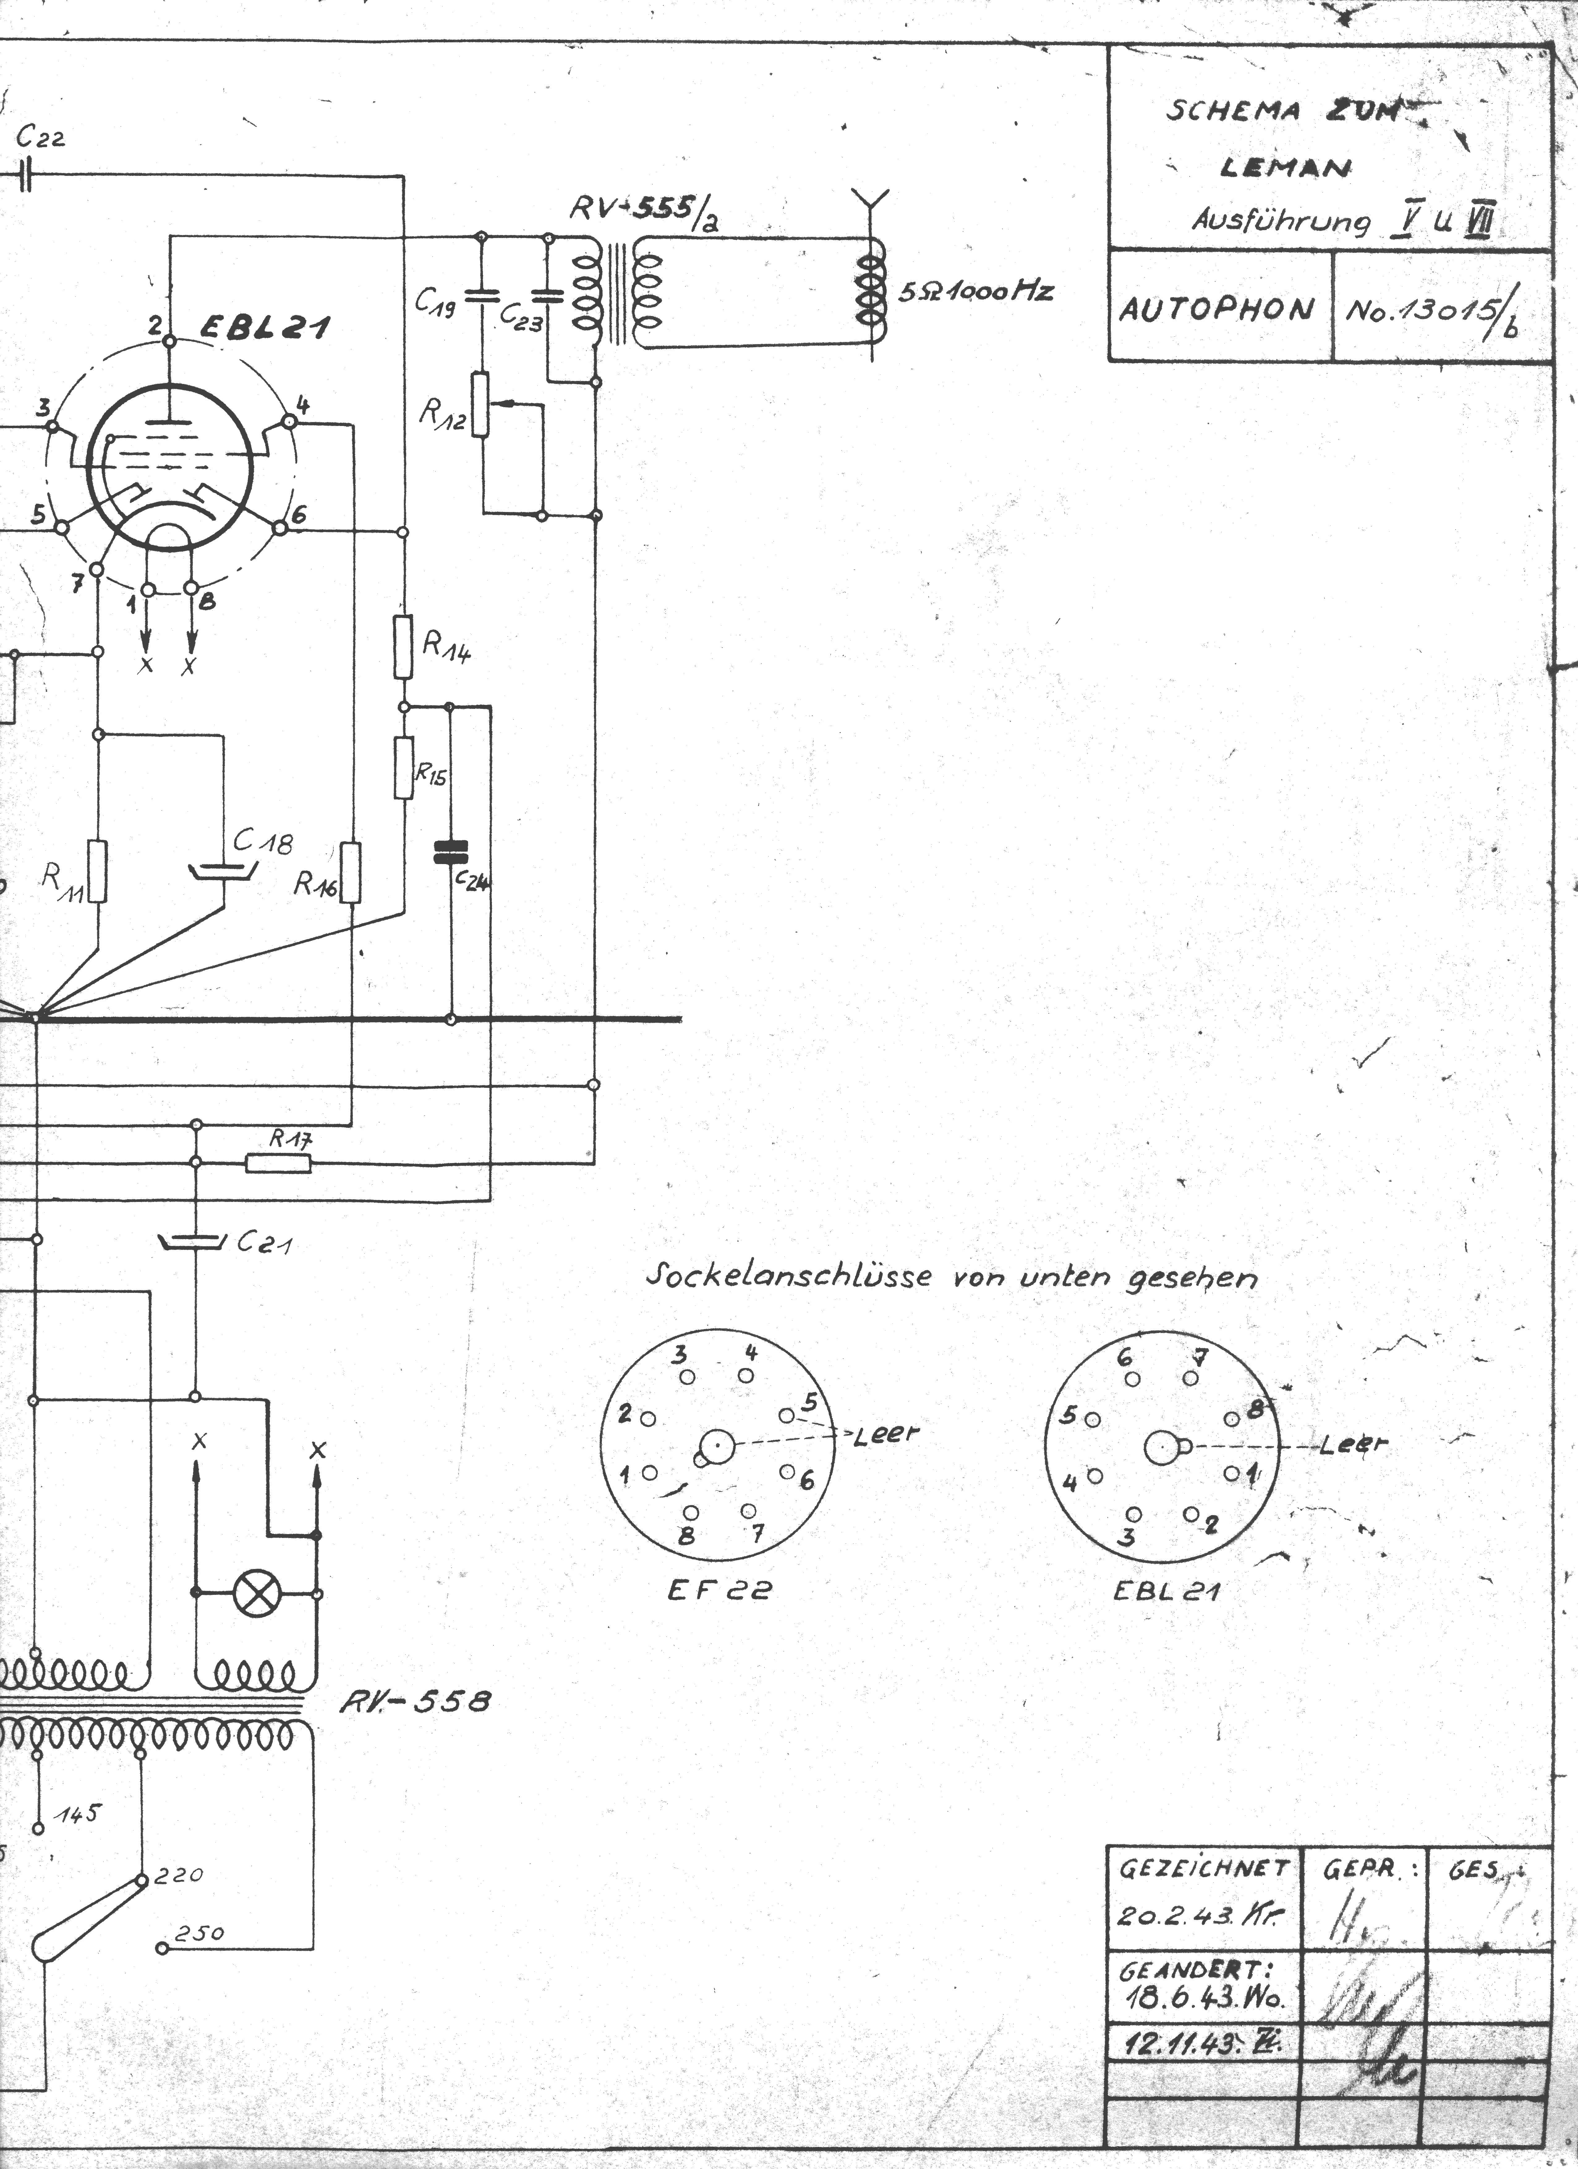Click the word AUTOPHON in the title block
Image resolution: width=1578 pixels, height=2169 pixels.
point(1217,309)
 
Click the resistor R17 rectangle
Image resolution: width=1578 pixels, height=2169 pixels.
point(278,1162)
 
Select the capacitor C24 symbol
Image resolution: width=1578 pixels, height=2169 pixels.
point(450,851)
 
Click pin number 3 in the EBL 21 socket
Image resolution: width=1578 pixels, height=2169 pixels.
point(1128,1537)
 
